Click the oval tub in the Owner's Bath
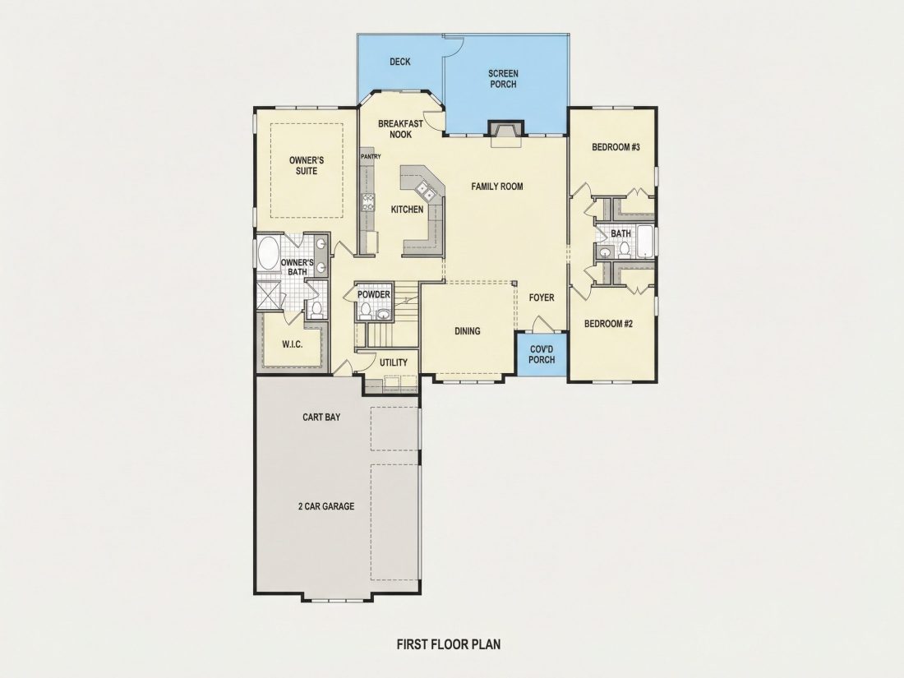coord(268,253)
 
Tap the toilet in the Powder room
coord(364,311)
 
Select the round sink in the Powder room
coord(383,314)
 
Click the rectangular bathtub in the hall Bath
coord(645,242)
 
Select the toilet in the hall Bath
coord(625,249)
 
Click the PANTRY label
coord(370,156)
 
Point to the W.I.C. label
coord(293,344)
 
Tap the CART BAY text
coord(321,417)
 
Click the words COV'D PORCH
coord(542,354)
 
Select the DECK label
coord(399,61)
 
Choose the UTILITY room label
coord(393,362)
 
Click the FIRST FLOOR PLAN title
coord(449,643)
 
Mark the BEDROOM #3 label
coord(616,147)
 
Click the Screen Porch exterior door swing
coord(453,45)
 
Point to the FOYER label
coord(542,297)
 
